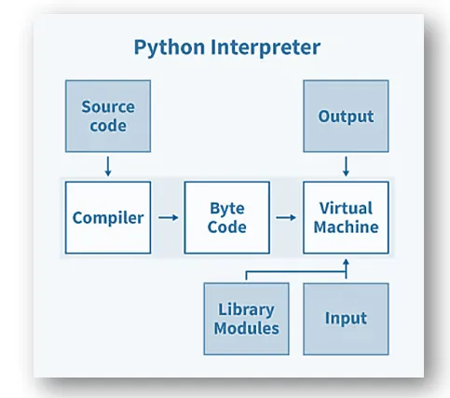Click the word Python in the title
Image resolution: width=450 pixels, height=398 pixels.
click(169, 47)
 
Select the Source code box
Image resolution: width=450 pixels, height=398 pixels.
click(107, 117)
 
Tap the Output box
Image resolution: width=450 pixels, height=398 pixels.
click(346, 117)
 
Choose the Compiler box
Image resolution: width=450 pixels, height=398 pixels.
click(107, 218)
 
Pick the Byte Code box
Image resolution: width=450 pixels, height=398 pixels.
click(226, 218)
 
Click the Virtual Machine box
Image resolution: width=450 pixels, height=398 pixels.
click(346, 218)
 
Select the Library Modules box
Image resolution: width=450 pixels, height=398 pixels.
click(246, 319)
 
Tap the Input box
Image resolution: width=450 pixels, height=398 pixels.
click(346, 319)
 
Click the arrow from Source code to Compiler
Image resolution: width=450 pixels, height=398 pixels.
click(107, 167)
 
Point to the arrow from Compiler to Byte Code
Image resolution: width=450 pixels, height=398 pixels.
click(168, 218)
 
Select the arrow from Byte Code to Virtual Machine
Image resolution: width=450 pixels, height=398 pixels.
click(286, 218)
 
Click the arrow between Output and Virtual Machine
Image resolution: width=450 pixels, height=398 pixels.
click(346, 167)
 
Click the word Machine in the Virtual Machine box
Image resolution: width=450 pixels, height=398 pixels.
click(346, 227)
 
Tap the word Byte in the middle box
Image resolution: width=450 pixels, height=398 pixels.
click(226, 209)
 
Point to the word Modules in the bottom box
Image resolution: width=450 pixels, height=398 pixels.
click(246, 328)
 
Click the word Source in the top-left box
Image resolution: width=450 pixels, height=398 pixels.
click(107, 107)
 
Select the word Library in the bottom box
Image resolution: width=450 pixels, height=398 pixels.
click(246, 309)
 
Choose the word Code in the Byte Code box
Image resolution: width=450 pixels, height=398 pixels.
click(226, 227)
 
